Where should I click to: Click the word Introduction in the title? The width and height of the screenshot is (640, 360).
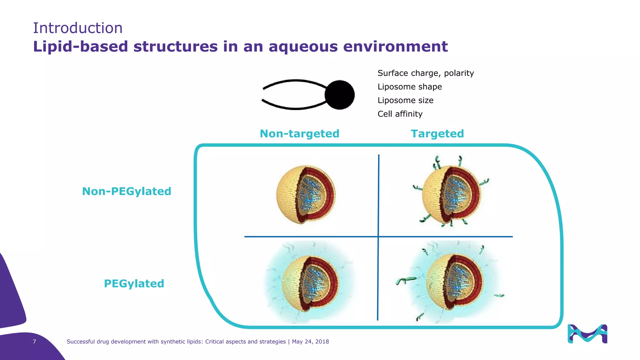[x=77, y=28]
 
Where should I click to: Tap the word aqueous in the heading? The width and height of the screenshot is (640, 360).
[x=303, y=47]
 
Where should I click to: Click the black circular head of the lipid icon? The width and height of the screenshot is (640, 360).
[x=339, y=95]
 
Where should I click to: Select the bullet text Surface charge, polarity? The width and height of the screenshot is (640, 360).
[x=425, y=73]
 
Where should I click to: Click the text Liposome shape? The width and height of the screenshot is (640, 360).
[x=409, y=87]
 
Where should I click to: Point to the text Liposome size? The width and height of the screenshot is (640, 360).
[x=405, y=100]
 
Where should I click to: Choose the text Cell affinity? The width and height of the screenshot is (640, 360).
[x=400, y=114]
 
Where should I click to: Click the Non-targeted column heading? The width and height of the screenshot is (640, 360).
[x=299, y=134]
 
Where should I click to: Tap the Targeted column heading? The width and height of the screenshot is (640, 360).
[x=437, y=134]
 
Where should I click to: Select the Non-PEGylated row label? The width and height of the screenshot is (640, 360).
[x=126, y=191]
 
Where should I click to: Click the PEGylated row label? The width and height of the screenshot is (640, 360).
[x=134, y=283]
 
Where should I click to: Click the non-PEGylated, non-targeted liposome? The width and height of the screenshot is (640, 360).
[x=305, y=195]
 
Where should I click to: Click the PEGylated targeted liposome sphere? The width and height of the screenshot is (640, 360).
[x=455, y=281]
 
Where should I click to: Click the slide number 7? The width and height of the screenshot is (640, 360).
[x=34, y=342]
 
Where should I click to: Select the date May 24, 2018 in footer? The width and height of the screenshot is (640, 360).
[x=310, y=342]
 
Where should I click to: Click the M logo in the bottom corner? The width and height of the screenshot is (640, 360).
[x=587, y=334]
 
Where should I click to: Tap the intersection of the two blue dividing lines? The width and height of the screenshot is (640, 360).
[x=378, y=237]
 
